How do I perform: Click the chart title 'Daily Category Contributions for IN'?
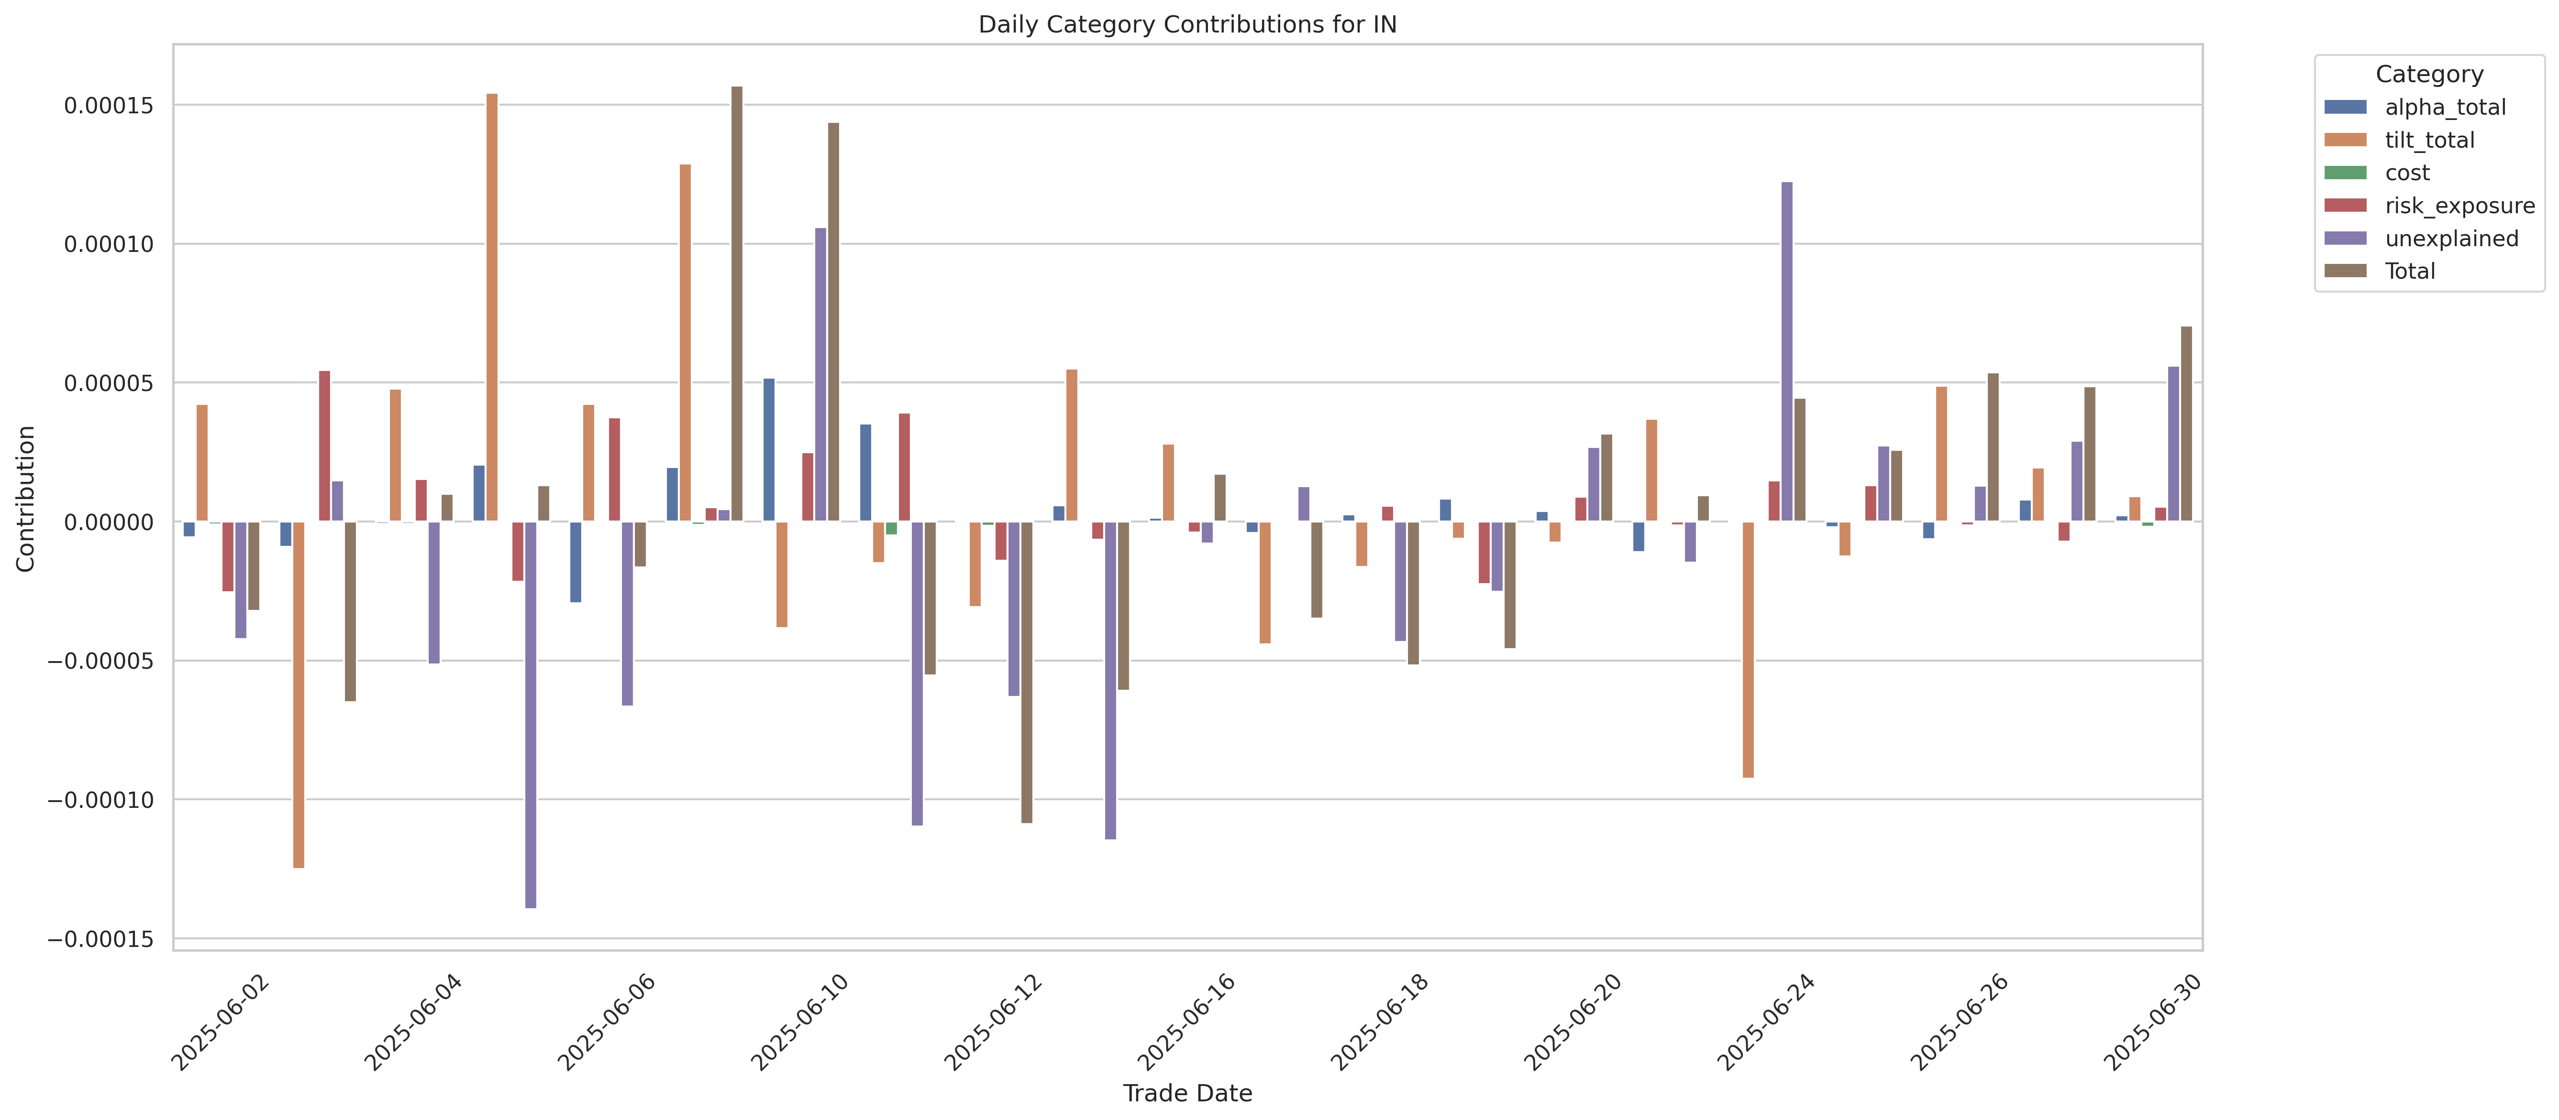coord(1187,24)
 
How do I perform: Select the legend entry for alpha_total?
coord(2445,107)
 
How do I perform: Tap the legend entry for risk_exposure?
coord(2459,206)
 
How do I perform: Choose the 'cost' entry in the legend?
coord(2407,173)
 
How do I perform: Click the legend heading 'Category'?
coord(2429,75)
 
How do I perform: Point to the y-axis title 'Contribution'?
coord(26,499)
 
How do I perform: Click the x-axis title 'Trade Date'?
coord(1187,1093)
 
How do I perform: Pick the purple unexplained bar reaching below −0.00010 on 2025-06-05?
coord(531,715)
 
